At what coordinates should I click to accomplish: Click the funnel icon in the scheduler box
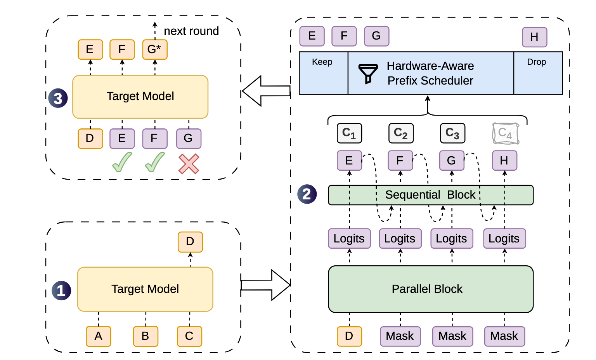pyautogui.click(x=368, y=74)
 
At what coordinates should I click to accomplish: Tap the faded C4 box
pyautogui.click(x=506, y=133)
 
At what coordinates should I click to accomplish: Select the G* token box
pyautogui.click(x=155, y=50)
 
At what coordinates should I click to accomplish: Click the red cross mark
pyautogui.click(x=189, y=164)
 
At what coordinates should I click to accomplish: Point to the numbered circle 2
pyautogui.click(x=307, y=194)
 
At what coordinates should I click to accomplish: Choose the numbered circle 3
pyautogui.click(x=58, y=98)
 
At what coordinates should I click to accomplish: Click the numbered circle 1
pyautogui.click(x=61, y=291)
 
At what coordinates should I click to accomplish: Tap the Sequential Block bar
pyautogui.click(x=431, y=195)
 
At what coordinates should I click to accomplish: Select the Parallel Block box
pyautogui.click(x=431, y=289)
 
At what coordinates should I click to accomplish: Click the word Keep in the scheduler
pyautogui.click(x=322, y=62)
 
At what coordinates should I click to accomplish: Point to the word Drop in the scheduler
pyautogui.click(x=536, y=62)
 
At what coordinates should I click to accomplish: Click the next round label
pyautogui.click(x=191, y=31)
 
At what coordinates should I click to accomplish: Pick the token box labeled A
pyautogui.click(x=99, y=336)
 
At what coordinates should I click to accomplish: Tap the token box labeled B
pyautogui.click(x=146, y=336)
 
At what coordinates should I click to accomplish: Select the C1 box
pyautogui.click(x=349, y=133)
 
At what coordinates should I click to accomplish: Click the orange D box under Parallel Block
pyautogui.click(x=349, y=336)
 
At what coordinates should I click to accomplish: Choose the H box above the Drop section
pyautogui.click(x=535, y=37)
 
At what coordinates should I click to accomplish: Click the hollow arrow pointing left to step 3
pyautogui.click(x=266, y=91)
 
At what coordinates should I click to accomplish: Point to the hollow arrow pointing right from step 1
pyautogui.click(x=265, y=285)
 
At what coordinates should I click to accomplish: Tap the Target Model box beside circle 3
pyautogui.click(x=140, y=97)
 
